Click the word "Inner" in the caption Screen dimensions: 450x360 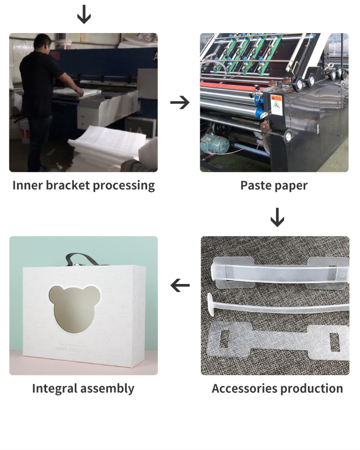(27, 185)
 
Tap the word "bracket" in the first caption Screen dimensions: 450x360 (67, 185)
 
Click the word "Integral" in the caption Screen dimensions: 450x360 (55, 388)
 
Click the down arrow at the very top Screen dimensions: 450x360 (84, 15)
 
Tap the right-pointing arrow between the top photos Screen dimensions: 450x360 (180, 102)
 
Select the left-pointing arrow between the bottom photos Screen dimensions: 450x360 (180, 286)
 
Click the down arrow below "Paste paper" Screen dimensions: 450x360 (277, 217)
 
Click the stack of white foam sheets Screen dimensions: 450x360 (106, 144)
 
